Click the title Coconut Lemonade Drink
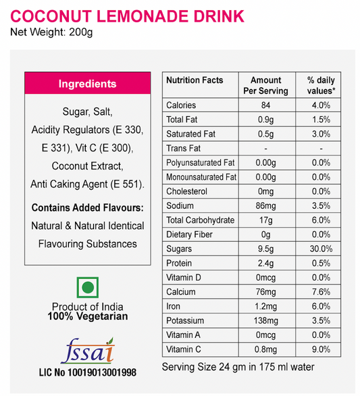(127, 16)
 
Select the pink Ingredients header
(87, 84)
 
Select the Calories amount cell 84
(265, 105)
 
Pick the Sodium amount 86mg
(265, 205)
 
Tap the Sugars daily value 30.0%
(321, 249)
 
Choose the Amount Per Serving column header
(265, 85)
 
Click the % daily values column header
(321, 85)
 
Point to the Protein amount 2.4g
(265, 263)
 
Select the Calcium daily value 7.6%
(321, 292)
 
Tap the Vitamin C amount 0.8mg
(265, 349)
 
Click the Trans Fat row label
(184, 148)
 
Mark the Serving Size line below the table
(238, 368)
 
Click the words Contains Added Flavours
(88, 207)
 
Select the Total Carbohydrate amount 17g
(265, 220)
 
